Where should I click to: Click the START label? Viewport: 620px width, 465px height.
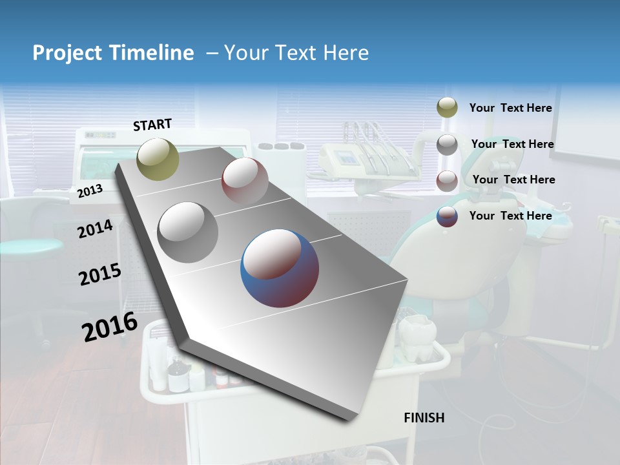pyautogui.click(x=152, y=125)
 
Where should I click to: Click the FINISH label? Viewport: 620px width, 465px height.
pyautogui.click(x=424, y=418)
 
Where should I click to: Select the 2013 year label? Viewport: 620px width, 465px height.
pyautogui.click(x=90, y=191)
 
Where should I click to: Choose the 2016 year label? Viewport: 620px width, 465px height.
pyautogui.click(x=110, y=327)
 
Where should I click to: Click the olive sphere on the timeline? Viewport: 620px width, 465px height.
pyautogui.click(x=158, y=159)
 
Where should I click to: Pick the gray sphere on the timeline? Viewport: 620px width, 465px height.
pyautogui.click(x=188, y=232)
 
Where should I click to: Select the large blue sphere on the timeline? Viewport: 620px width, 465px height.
pyautogui.click(x=280, y=268)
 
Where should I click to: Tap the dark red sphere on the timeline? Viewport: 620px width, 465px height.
pyautogui.click(x=245, y=180)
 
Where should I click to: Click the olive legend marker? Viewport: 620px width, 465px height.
pyautogui.click(x=447, y=108)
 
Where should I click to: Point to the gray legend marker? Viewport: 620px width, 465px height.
pyautogui.click(x=447, y=145)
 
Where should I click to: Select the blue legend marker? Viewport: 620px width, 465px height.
pyautogui.click(x=447, y=216)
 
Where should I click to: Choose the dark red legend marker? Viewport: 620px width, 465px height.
pyautogui.click(x=447, y=181)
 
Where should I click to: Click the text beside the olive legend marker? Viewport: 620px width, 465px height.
pyautogui.click(x=510, y=108)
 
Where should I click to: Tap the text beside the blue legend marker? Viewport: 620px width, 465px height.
pyautogui.click(x=510, y=216)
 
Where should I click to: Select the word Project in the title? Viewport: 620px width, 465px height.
pyautogui.click(x=64, y=53)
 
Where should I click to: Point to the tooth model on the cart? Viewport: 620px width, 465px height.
pyautogui.click(x=417, y=337)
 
